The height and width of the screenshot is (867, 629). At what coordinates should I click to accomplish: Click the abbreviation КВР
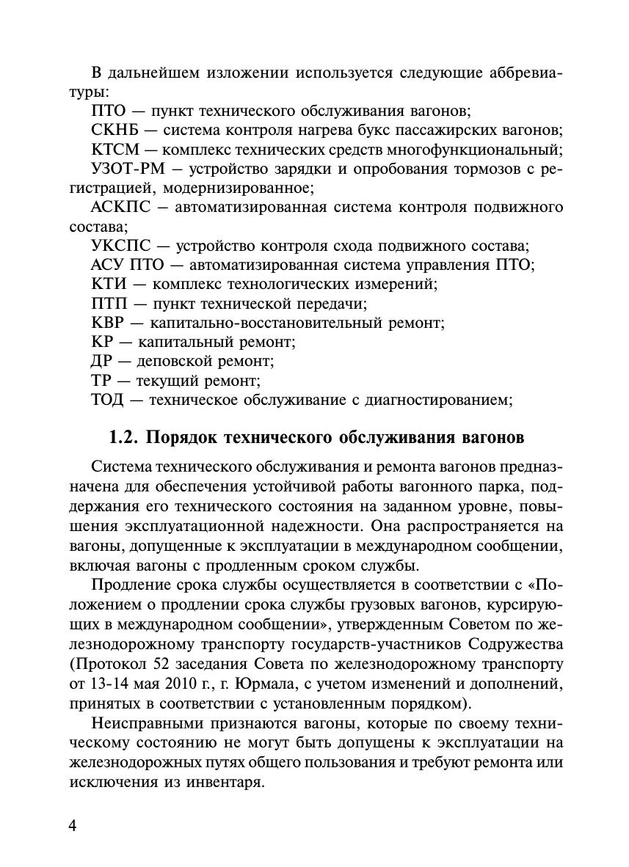111,322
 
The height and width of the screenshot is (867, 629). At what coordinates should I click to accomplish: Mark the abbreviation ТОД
110,399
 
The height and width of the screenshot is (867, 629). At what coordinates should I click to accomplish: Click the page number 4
72,826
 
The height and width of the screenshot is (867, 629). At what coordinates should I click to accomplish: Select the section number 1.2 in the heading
123,438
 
